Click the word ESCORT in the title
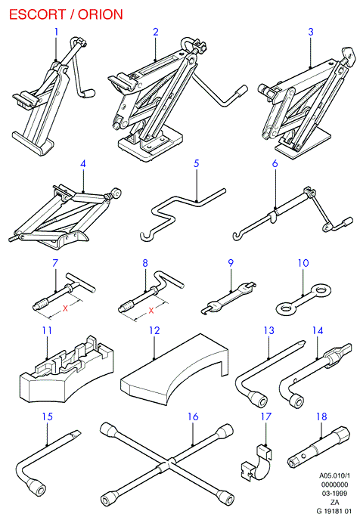tap(37, 14)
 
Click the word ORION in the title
tap(101, 14)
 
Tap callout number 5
tap(197, 163)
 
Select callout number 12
tap(154, 330)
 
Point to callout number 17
tap(266, 416)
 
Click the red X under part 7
tap(65, 308)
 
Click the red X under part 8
tap(151, 310)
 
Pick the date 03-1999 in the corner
tap(334, 494)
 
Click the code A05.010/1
tap(334, 475)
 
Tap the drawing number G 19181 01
tap(334, 511)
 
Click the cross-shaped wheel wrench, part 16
tap(167, 463)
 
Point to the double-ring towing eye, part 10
tap(303, 299)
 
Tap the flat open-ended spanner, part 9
tap(228, 297)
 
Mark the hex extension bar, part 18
tap(318, 447)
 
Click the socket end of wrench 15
tap(37, 487)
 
